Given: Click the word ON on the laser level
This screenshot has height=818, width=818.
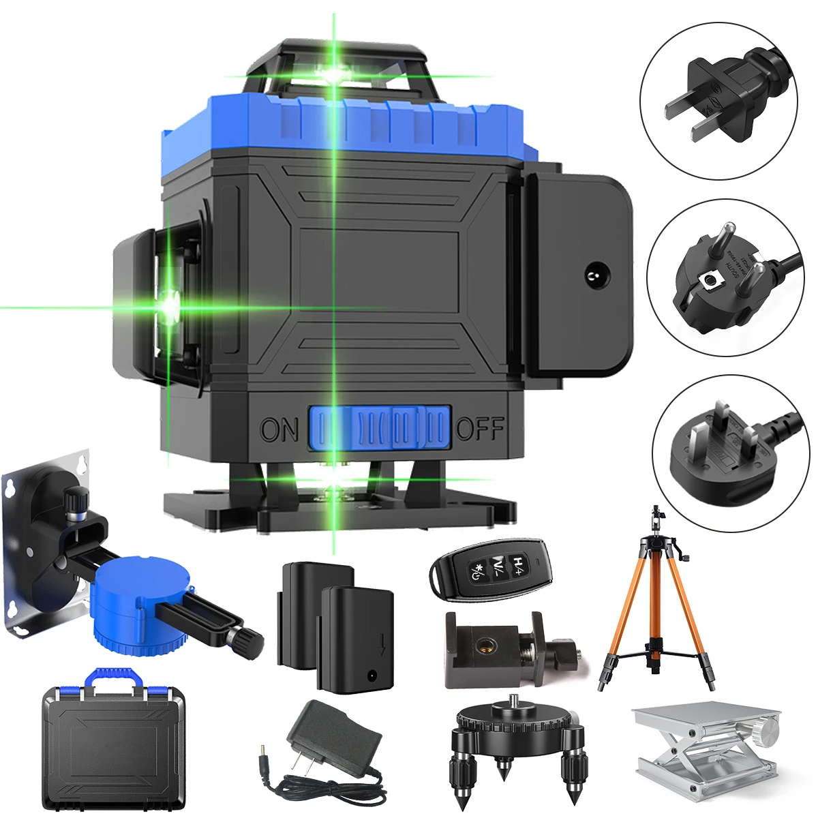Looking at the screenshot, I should point(279,430).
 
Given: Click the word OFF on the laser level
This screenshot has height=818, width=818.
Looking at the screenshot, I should point(479,429).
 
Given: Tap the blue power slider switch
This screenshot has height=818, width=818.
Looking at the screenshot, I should point(380,428).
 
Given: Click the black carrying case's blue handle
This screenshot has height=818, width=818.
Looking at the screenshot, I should point(113,678).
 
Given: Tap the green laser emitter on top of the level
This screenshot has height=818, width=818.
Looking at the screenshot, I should point(335,74).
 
